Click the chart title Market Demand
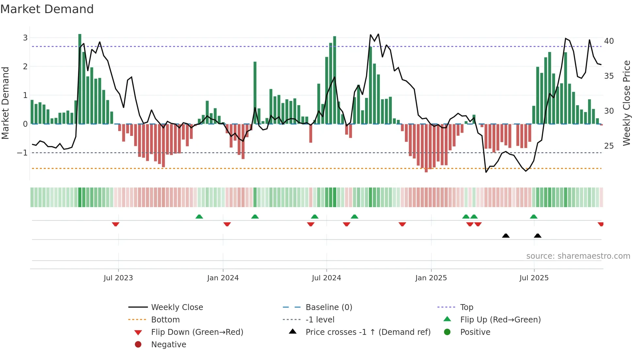47,9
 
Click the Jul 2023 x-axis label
118,278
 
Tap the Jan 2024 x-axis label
223,278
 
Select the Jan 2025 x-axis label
431,278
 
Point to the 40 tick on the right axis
609,41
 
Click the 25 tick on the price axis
609,146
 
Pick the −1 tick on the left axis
22,153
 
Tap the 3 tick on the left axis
25,38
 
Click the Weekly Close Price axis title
626,103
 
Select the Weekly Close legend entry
177,307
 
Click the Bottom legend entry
165,320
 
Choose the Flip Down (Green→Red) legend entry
197,332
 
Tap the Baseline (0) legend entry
328,307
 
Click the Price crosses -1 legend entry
368,332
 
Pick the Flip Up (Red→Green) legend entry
500,320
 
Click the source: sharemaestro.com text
578,256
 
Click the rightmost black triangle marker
537,236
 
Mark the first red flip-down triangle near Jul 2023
116,224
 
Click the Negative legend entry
168,345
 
